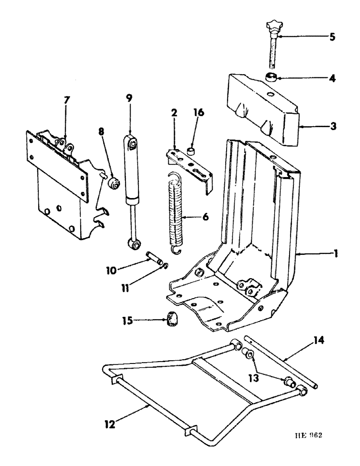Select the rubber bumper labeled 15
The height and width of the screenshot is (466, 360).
point(173,320)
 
